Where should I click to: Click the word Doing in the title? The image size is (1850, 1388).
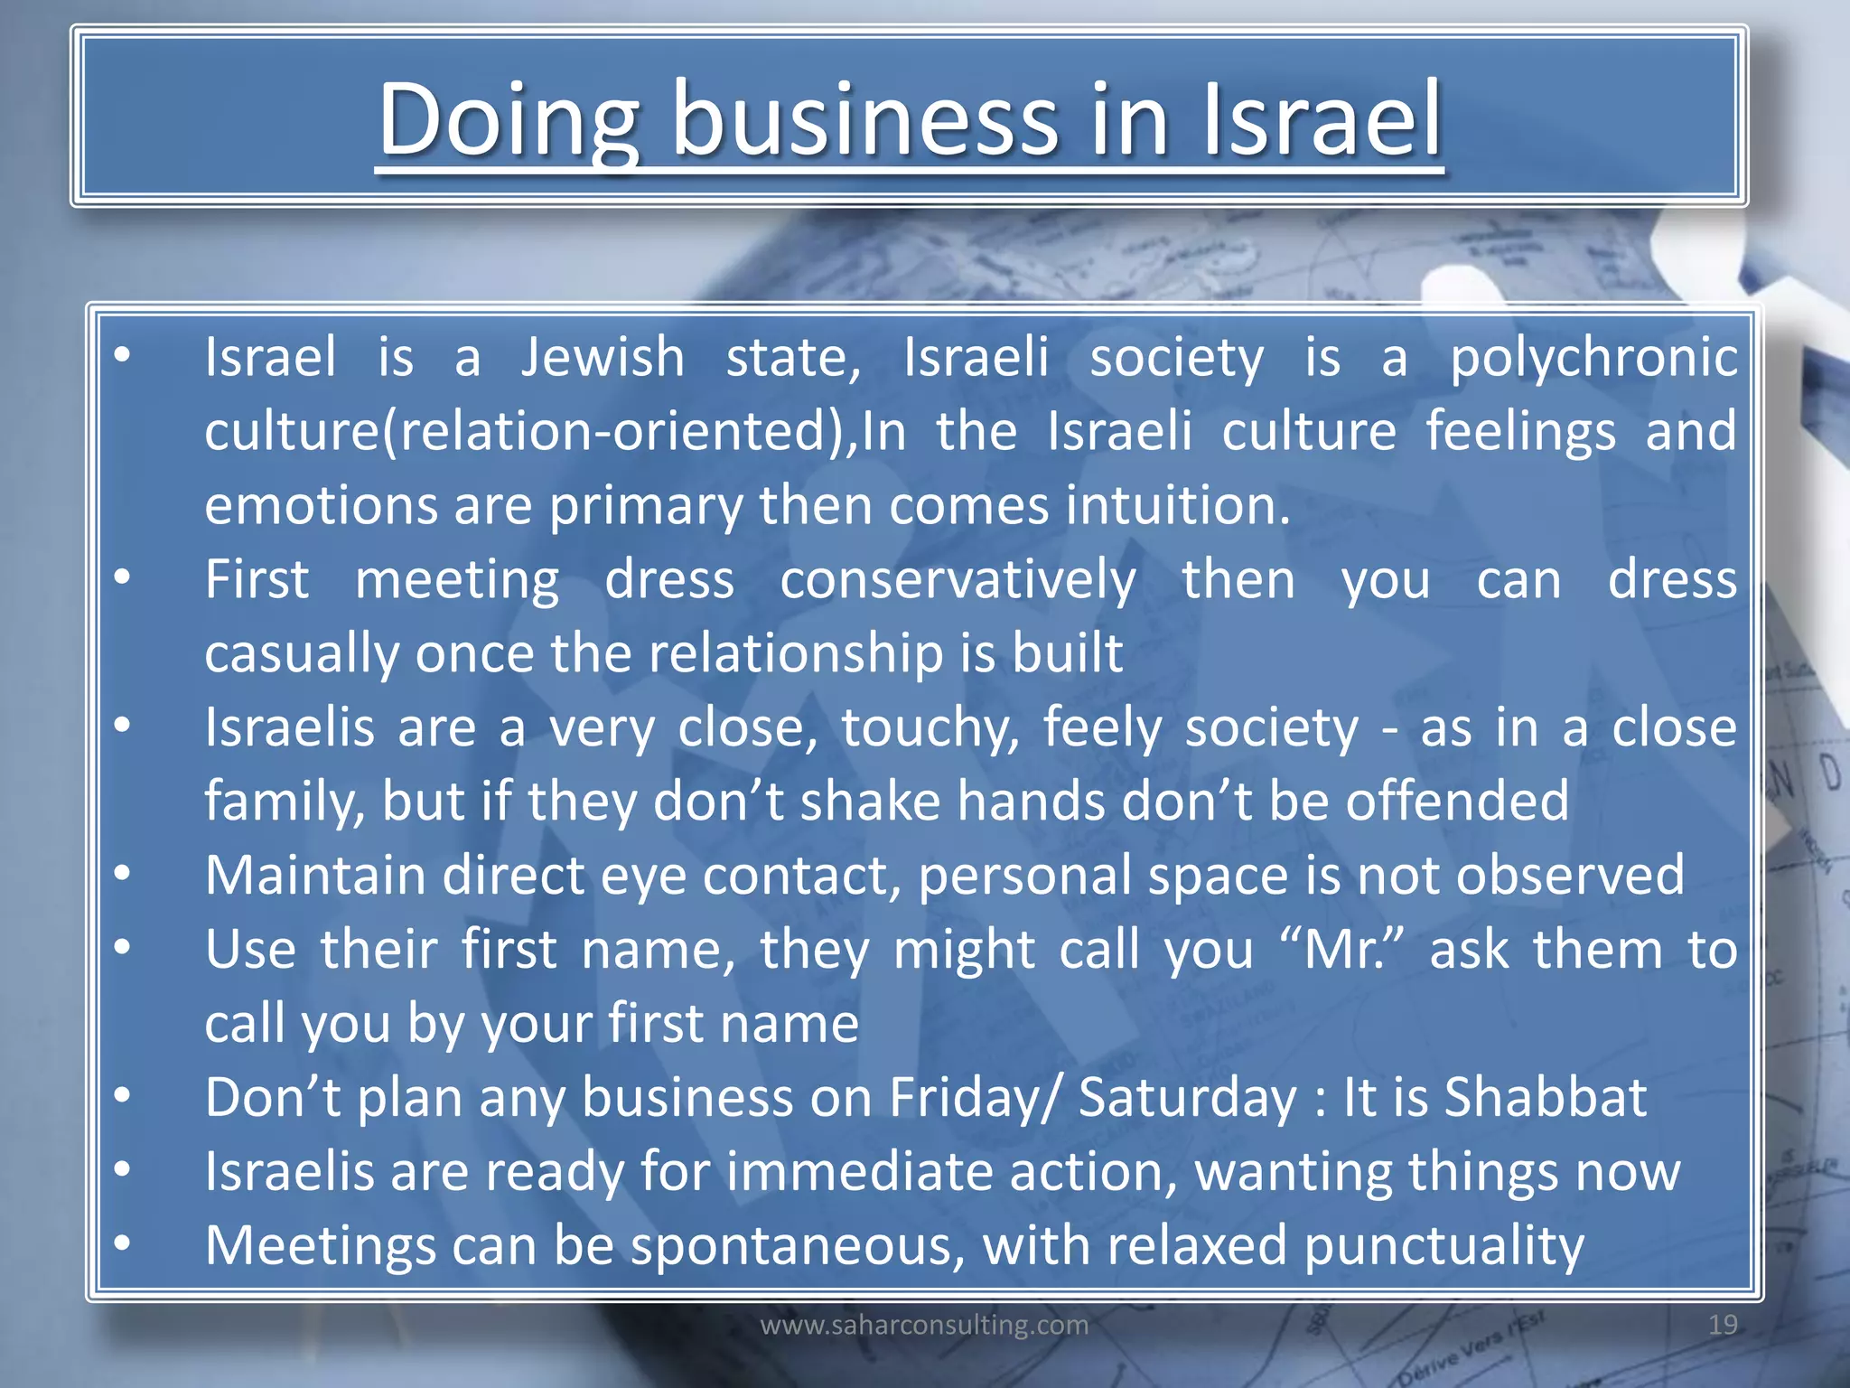tap(509, 120)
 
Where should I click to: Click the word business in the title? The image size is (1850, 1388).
tap(864, 120)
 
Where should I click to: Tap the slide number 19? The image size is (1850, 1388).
tap(1723, 1325)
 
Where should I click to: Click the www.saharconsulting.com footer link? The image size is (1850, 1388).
tap(924, 1325)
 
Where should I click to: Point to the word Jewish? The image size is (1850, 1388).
tap(603, 357)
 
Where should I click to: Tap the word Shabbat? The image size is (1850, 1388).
tap(1546, 1098)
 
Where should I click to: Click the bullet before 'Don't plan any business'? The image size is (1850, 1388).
tap(123, 1096)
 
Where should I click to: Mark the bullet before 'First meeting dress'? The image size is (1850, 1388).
tap(123, 577)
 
